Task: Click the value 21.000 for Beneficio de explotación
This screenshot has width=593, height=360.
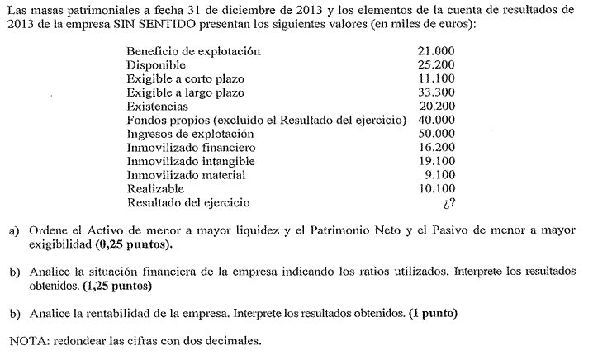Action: (437, 51)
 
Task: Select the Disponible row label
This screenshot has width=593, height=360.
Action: (156, 65)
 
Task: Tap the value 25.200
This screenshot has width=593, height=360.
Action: (437, 65)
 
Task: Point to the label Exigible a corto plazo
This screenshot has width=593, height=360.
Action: (185, 79)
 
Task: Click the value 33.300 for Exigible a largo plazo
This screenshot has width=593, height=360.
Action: (437, 92)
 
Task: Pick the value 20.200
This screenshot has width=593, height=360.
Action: (437, 107)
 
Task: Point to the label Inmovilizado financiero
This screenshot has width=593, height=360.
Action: (191, 148)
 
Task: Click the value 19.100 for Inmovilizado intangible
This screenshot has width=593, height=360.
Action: (437, 161)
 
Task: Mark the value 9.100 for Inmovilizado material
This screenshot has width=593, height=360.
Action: (440, 175)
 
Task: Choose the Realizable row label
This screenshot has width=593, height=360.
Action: (154, 189)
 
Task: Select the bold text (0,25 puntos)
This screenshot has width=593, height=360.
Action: (135, 245)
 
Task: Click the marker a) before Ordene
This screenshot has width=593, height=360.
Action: (14, 232)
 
